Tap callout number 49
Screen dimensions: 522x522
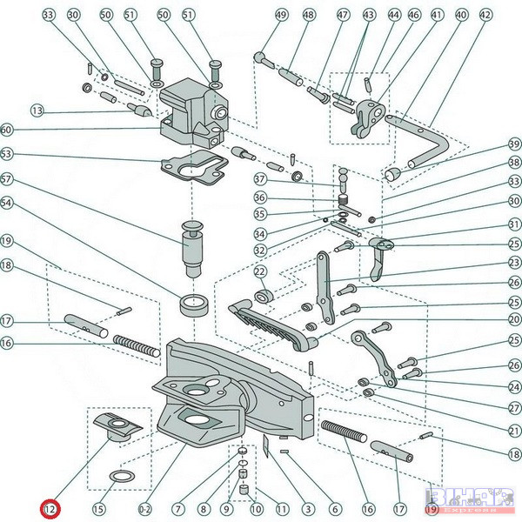point(256,15)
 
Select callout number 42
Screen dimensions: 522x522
point(485,15)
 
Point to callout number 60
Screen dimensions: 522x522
point(7,130)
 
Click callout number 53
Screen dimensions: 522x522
point(7,154)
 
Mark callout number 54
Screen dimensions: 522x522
point(7,203)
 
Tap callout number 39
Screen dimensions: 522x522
point(514,144)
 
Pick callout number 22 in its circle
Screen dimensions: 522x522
point(259,273)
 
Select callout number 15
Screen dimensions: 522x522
point(98,508)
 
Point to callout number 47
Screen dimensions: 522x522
point(343,15)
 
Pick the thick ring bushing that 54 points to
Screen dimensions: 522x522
point(194,304)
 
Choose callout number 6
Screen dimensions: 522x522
point(334,508)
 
